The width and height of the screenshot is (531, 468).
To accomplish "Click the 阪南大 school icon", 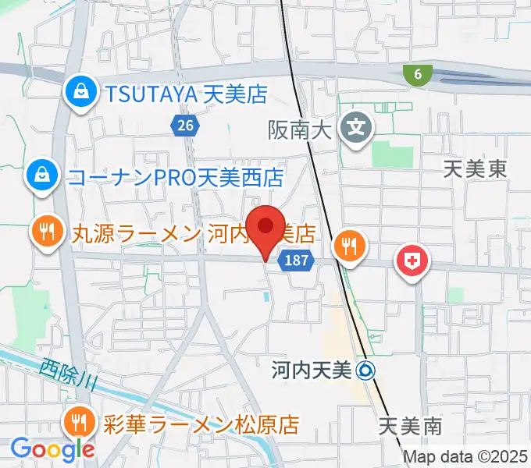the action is (x=358, y=124).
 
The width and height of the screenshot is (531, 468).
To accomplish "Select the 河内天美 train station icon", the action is (x=365, y=370).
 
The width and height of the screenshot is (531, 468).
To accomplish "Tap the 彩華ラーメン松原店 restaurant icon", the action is (x=80, y=424).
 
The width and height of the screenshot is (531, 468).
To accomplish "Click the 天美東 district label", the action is (x=474, y=168).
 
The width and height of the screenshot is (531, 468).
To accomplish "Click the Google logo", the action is (x=52, y=449).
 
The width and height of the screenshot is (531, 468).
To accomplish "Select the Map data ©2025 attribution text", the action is (x=465, y=457).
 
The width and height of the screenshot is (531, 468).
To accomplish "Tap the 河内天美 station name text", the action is (x=312, y=370).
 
